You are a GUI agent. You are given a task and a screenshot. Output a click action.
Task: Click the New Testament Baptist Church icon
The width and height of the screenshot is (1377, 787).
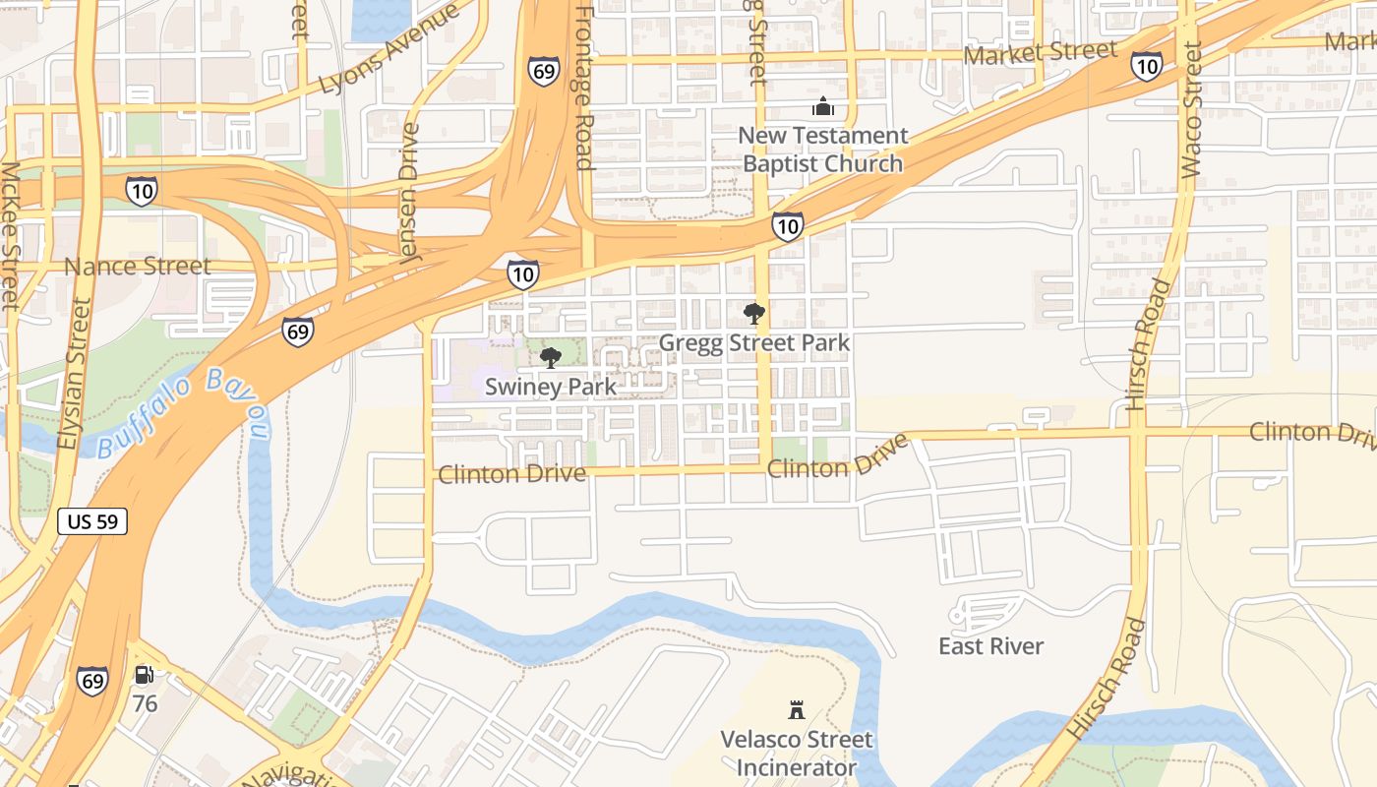822,106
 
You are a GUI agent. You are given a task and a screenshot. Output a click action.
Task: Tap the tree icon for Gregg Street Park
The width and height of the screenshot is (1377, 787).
754,314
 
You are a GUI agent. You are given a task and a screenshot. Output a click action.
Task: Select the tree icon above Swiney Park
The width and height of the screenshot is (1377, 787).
551,357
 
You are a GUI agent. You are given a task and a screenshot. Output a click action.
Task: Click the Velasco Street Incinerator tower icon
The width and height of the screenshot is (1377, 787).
797,709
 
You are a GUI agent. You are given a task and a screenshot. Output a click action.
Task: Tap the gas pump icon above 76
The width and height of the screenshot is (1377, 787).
145,675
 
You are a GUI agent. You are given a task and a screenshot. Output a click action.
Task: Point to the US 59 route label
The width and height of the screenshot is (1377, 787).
92,521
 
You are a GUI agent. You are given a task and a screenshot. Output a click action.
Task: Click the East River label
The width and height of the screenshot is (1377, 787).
990,646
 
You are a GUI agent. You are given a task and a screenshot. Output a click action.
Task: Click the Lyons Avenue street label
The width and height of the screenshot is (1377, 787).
389,48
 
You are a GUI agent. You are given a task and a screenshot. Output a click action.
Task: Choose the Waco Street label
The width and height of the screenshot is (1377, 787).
1191,110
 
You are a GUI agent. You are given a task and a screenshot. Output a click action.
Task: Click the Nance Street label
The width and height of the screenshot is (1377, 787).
138,267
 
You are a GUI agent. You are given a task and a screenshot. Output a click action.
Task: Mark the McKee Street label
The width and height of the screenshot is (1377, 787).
10,236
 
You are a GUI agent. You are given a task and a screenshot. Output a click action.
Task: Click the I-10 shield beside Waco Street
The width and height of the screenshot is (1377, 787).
1146,66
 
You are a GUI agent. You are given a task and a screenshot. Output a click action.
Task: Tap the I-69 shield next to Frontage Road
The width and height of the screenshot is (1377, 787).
544,71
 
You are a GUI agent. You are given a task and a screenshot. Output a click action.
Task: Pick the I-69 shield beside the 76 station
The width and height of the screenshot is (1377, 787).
92,681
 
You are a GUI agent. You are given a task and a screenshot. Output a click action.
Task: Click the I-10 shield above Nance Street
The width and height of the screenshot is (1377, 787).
142,191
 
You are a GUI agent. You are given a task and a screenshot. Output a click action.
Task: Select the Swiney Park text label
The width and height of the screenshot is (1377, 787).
551,387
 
